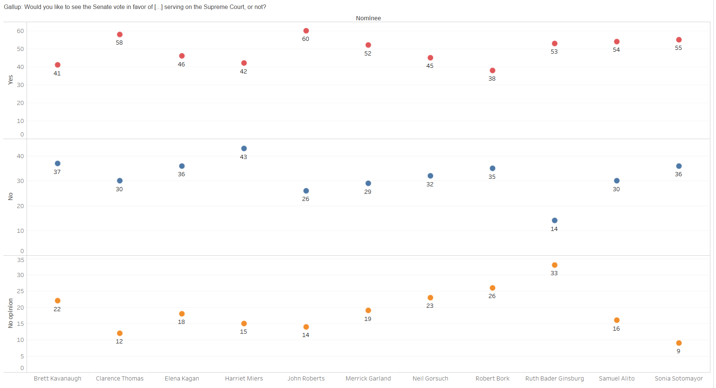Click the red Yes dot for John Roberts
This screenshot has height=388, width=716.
click(x=306, y=31)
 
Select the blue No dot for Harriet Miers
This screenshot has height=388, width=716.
click(x=244, y=148)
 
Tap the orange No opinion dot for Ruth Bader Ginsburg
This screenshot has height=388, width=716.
click(x=555, y=265)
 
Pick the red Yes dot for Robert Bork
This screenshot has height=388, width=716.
click(x=493, y=70)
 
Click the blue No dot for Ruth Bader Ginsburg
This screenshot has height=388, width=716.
click(x=555, y=220)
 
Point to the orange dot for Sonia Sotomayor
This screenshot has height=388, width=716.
click(x=679, y=343)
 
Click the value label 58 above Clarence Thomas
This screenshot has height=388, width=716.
click(x=119, y=43)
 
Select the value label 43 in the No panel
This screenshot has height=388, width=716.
click(x=244, y=157)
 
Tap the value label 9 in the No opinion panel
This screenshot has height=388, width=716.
click(x=679, y=351)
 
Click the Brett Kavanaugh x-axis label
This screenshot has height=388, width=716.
click(x=58, y=379)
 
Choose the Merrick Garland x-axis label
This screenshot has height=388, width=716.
click(x=368, y=379)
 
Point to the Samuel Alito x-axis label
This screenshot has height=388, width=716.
click(x=617, y=379)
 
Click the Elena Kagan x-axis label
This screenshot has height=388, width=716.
click(x=182, y=379)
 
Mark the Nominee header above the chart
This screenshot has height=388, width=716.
click(x=368, y=18)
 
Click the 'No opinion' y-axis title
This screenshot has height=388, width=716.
click(x=10, y=313)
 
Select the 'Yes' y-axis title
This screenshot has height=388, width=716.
click(x=10, y=79)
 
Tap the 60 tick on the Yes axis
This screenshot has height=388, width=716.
click(x=20, y=31)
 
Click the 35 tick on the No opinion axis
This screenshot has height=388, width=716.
click(x=20, y=260)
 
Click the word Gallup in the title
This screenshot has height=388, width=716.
click(x=13, y=7)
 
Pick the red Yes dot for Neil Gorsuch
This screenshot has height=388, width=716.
click(x=430, y=58)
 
